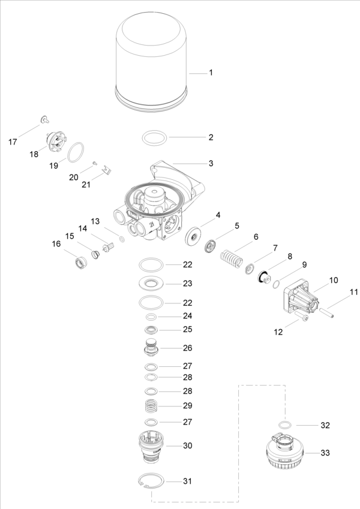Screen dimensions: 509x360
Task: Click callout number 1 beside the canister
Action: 211,73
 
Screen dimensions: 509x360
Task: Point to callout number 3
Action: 211,163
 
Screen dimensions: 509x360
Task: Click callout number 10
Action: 333,280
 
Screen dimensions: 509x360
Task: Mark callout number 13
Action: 95,221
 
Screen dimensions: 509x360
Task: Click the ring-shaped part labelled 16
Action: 80,262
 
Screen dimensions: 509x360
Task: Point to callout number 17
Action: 13,142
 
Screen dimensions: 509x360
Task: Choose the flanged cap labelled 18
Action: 55,141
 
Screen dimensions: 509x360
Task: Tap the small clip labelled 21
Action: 106,171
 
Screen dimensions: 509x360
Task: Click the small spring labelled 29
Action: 152,406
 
